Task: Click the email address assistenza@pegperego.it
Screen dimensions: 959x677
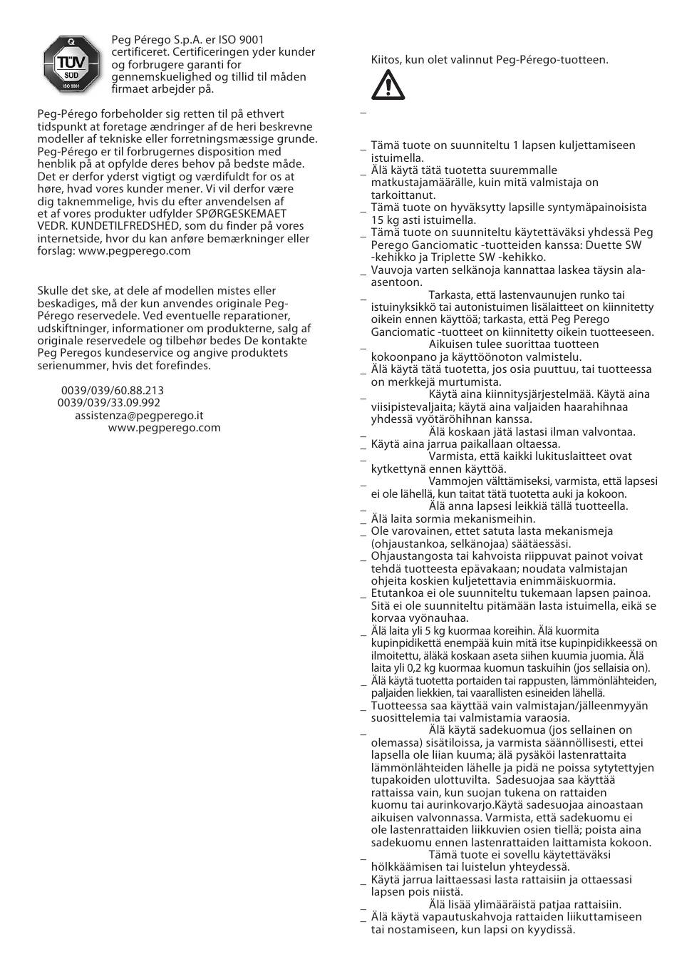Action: (x=139, y=415)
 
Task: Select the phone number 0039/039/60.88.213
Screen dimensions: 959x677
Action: (x=113, y=390)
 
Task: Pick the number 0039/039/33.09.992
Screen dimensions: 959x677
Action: (x=109, y=403)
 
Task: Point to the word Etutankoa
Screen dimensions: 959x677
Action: (x=396, y=593)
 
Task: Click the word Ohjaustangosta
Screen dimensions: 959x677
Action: (x=409, y=556)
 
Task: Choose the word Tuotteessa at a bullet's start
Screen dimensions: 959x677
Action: (x=399, y=705)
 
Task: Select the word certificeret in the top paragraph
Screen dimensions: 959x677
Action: (x=140, y=52)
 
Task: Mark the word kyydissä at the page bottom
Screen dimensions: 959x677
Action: (x=550, y=929)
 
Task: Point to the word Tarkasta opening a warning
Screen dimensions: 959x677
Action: (x=452, y=295)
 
